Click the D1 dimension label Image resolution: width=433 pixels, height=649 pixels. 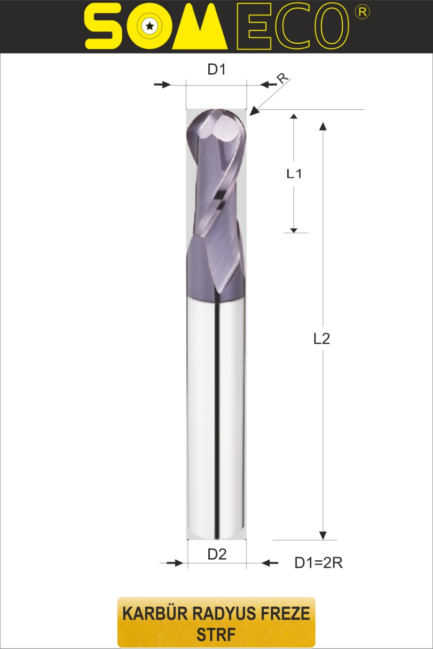[216, 70]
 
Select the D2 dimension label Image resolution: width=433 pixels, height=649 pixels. [217, 554]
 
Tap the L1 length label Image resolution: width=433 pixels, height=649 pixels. [294, 174]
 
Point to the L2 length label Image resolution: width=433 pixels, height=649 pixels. [322, 339]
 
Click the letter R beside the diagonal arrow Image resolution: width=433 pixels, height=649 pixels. [283, 78]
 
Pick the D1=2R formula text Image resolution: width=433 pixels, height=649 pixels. [318, 563]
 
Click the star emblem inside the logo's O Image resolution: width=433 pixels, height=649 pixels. [150, 27]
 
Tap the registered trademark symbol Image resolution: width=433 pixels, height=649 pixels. [362, 13]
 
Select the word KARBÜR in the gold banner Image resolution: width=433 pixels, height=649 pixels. [155, 614]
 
